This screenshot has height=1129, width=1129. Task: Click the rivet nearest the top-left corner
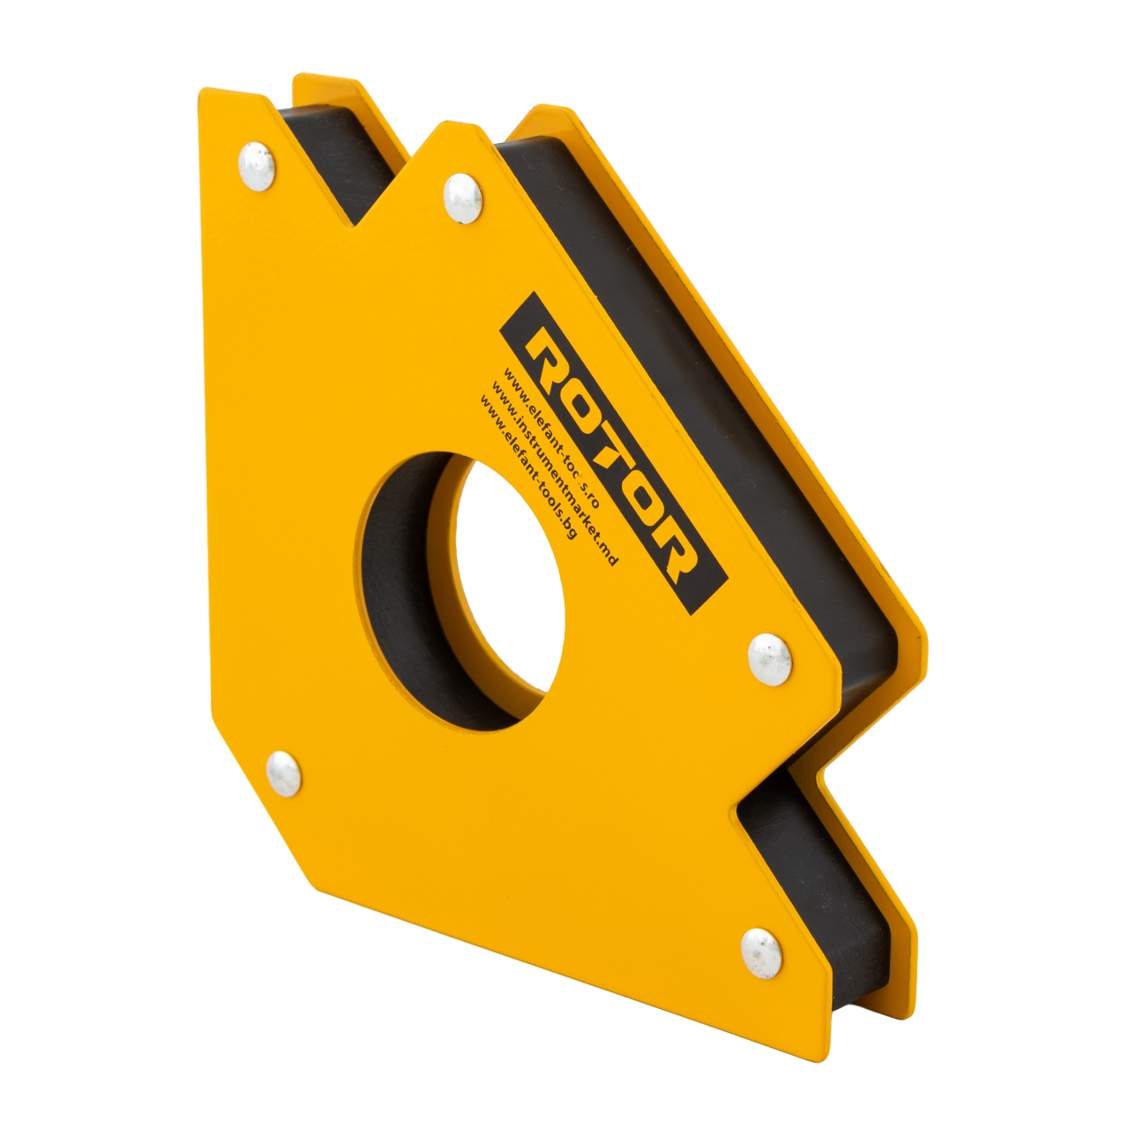click(257, 166)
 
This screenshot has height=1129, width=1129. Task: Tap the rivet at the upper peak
click(463, 198)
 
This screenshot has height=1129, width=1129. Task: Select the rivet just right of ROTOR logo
click(769, 658)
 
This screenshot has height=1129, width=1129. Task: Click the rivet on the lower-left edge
click(283, 774)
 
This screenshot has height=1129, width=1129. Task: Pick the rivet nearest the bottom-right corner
click(761, 952)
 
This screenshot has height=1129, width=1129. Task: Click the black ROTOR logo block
click(613, 454)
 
